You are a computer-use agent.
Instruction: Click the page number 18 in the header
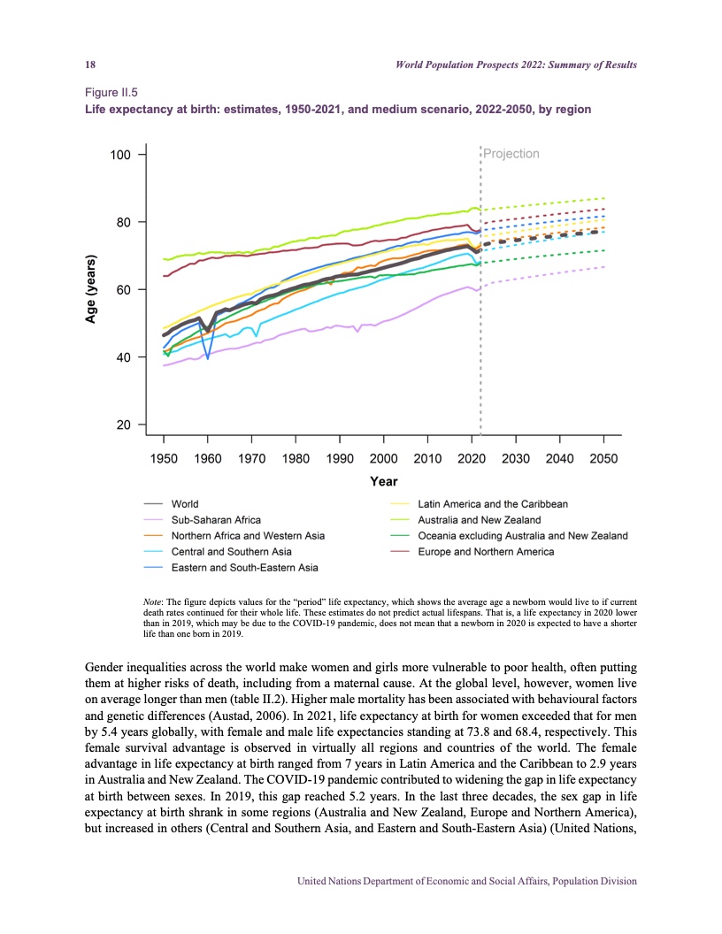[x=89, y=65]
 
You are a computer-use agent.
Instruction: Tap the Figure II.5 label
[x=111, y=91]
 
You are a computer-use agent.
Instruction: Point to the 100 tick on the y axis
[x=120, y=155]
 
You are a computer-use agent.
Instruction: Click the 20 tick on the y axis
[x=124, y=425]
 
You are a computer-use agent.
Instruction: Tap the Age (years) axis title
[x=90, y=290]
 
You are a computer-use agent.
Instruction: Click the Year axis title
[x=383, y=482]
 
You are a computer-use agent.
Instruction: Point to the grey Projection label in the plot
[x=511, y=154]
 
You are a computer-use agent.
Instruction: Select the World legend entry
[x=185, y=504]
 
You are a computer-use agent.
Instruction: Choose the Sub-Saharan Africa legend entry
[x=216, y=520]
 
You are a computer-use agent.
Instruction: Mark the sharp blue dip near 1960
[x=208, y=356]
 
